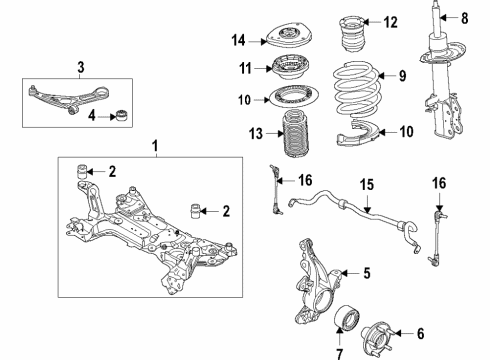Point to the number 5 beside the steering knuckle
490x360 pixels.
(366, 272)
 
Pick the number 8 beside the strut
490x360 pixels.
(465, 17)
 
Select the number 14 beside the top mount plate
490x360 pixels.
(237, 41)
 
